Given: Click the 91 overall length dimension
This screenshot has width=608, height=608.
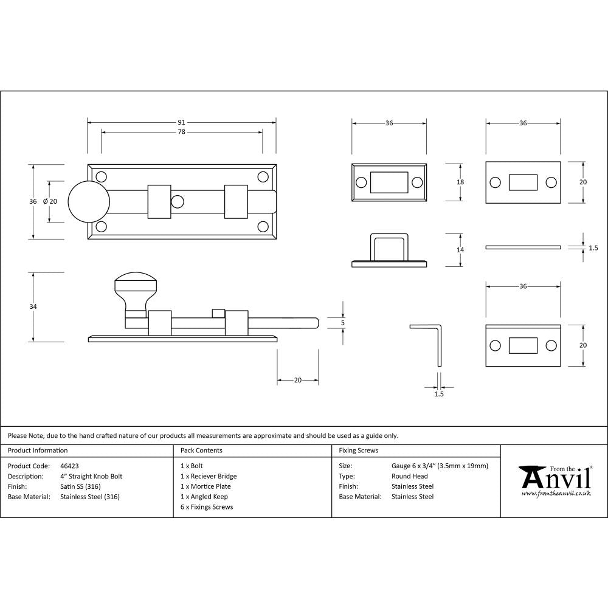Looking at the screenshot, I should point(181,123).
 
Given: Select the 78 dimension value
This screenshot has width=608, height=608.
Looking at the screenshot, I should point(181,132).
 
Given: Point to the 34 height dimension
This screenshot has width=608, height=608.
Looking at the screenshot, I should point(33,307).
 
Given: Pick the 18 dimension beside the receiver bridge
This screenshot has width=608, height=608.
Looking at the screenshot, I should point(460,182).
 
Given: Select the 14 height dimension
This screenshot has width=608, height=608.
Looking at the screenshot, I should point(460,250).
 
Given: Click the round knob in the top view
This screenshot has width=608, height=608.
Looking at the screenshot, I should point(89,202).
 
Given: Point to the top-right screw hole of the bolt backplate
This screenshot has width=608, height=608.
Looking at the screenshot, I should point(263,177).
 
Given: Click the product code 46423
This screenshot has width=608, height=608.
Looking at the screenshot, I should point(70,466).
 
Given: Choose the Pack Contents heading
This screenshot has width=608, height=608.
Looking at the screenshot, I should point(201,451).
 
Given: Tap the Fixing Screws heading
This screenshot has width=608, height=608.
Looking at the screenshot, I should point(358,451).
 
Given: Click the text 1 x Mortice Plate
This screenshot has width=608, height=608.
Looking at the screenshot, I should point(206,486).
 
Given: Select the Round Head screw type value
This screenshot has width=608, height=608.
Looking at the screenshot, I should point(409,476).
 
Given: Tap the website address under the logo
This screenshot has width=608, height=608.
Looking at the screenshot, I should point(556,494).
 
